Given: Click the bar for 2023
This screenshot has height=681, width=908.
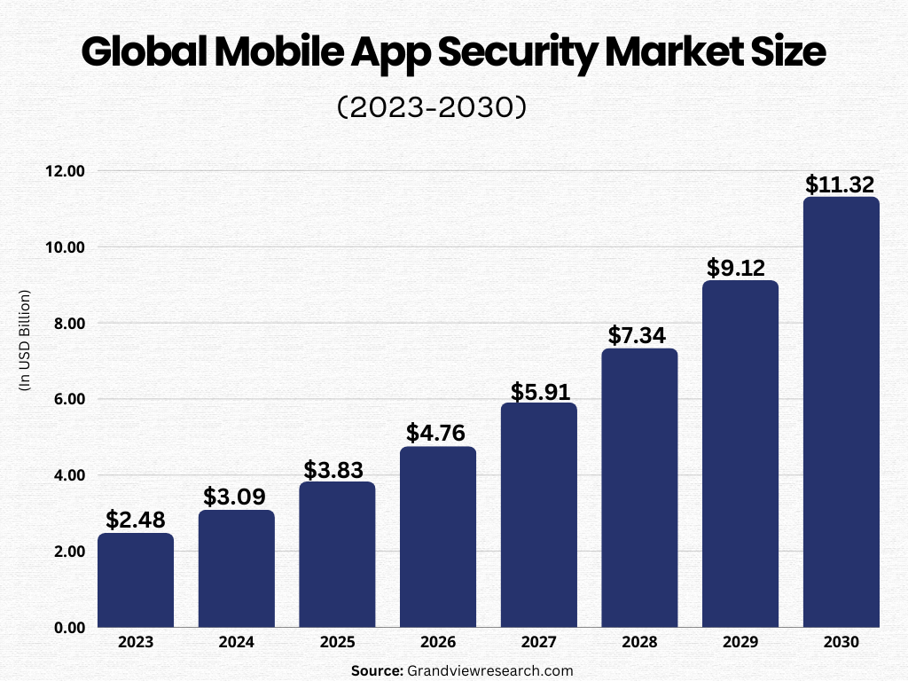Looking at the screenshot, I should (136, 580).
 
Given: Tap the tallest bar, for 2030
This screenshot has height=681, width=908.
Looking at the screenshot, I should (841, 412).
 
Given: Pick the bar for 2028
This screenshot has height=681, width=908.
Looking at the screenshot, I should (639, 488).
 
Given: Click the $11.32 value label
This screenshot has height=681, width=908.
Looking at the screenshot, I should (840, 184).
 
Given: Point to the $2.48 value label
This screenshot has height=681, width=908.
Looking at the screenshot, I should (136, 520).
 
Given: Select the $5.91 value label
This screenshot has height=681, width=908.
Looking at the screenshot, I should (539, 391).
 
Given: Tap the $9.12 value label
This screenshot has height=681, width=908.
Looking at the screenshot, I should (740, 268).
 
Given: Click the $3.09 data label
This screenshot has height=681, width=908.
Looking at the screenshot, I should (236, 497).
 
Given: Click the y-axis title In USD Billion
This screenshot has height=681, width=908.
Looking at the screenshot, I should (25, 340).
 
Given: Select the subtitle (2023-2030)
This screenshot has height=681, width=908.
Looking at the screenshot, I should (432, 107).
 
